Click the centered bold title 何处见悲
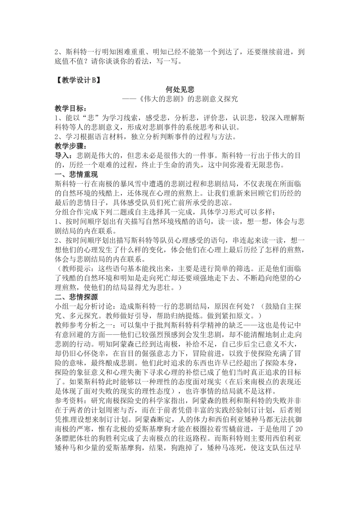180,89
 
